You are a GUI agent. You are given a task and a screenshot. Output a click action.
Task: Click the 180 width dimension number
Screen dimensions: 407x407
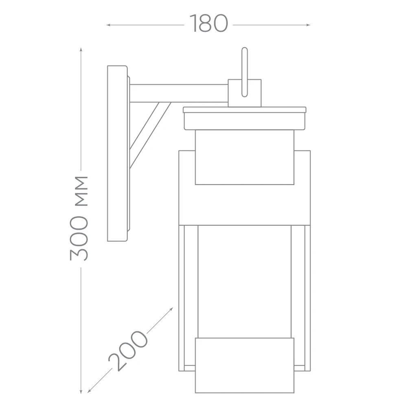coord(209,23)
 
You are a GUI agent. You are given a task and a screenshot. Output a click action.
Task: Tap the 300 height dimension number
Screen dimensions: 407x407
coord(79,238)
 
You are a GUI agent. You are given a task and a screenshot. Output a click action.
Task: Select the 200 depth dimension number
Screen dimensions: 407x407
coord(128,351)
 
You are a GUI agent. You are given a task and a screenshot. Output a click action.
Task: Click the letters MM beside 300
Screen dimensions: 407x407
coord(81,191)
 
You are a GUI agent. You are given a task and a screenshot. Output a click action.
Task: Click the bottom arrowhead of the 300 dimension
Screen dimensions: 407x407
coord(81,392)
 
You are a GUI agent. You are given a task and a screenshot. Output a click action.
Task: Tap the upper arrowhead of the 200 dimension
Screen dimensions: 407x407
coord(171,310)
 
